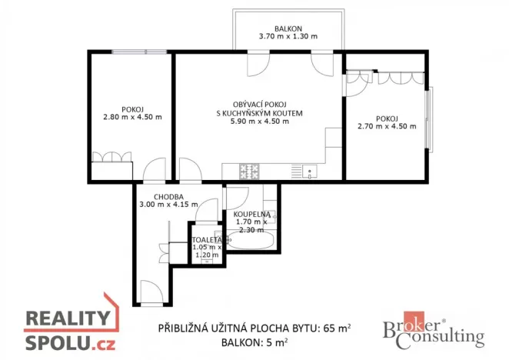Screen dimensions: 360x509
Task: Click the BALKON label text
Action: click(288, 27)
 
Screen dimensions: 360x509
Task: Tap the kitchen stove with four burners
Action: click(249, 172)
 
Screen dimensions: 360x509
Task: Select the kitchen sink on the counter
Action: click(308, 172)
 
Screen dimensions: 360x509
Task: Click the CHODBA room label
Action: click(167, 197)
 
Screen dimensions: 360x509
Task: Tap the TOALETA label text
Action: click(207, 240)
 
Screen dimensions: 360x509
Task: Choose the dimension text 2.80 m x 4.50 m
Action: click(131, 118)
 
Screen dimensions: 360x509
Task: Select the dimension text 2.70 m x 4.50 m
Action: click(387, 128)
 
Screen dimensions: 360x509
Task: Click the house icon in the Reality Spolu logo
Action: click(113, 309)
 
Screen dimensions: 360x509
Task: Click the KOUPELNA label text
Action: click(250, 214)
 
